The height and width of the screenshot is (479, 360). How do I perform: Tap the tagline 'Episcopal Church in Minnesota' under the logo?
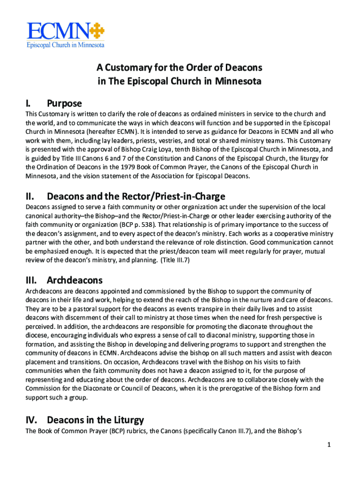(x=65, y=45)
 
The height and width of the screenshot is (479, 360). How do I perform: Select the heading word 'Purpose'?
(x=64, y=103)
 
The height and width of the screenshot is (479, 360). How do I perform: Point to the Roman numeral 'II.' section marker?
(x=31, y=196)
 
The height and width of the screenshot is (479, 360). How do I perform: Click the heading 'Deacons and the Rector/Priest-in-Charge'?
(x=136, y=196)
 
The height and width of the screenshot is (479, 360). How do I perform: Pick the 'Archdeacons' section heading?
(x=75, y=280)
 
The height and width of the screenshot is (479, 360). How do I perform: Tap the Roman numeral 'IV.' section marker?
(x=33, y=420)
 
